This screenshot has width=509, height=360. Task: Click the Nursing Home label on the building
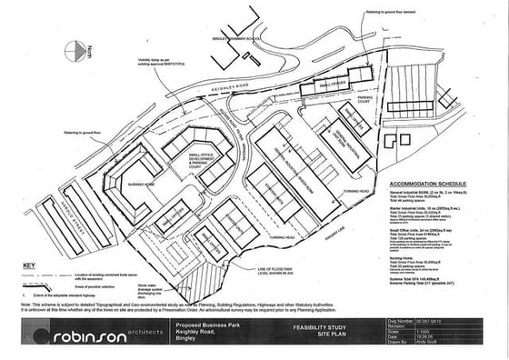(x=124, y=185)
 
